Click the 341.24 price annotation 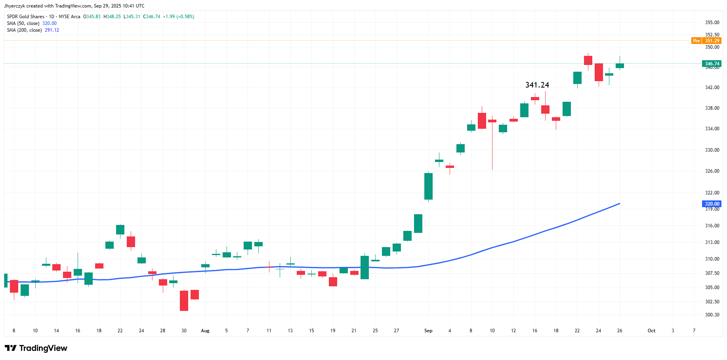pyautogui.click(x=537, y=85)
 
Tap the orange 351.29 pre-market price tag pyautogui.click(x=712, y=41)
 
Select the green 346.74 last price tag pyautogui.click(x=712, y=64)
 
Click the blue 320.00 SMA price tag pyautogui.click(x=712, y=204)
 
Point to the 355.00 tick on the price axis pyautogui.click(x=712, y=23)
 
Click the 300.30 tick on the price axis pyautogui.click(x=712, y=315)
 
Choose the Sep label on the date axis pyautogui.click(x=428, y=331)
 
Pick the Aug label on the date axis pyautogui.click(x=205, y=331)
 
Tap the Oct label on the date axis pyautogui.click(x=651, y=331)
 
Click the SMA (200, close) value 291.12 pyautogui.click(x=52, y=30)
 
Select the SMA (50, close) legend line pyautogui.click(x=32, y=23)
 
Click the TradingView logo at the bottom pyautogui.click(x=36, y=348)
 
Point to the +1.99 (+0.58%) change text pyautogui.click(x=178, y=17)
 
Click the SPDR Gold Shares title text pyautogui.click(x=26, y=17)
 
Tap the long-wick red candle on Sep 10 pyautogui.click(x=492, y=143)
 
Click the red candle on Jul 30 pyautogui.click(x=184, y=301)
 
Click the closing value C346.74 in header pyautogui.click(x=152, y=17)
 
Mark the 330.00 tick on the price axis pyautogui.click(x=712, y=150)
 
